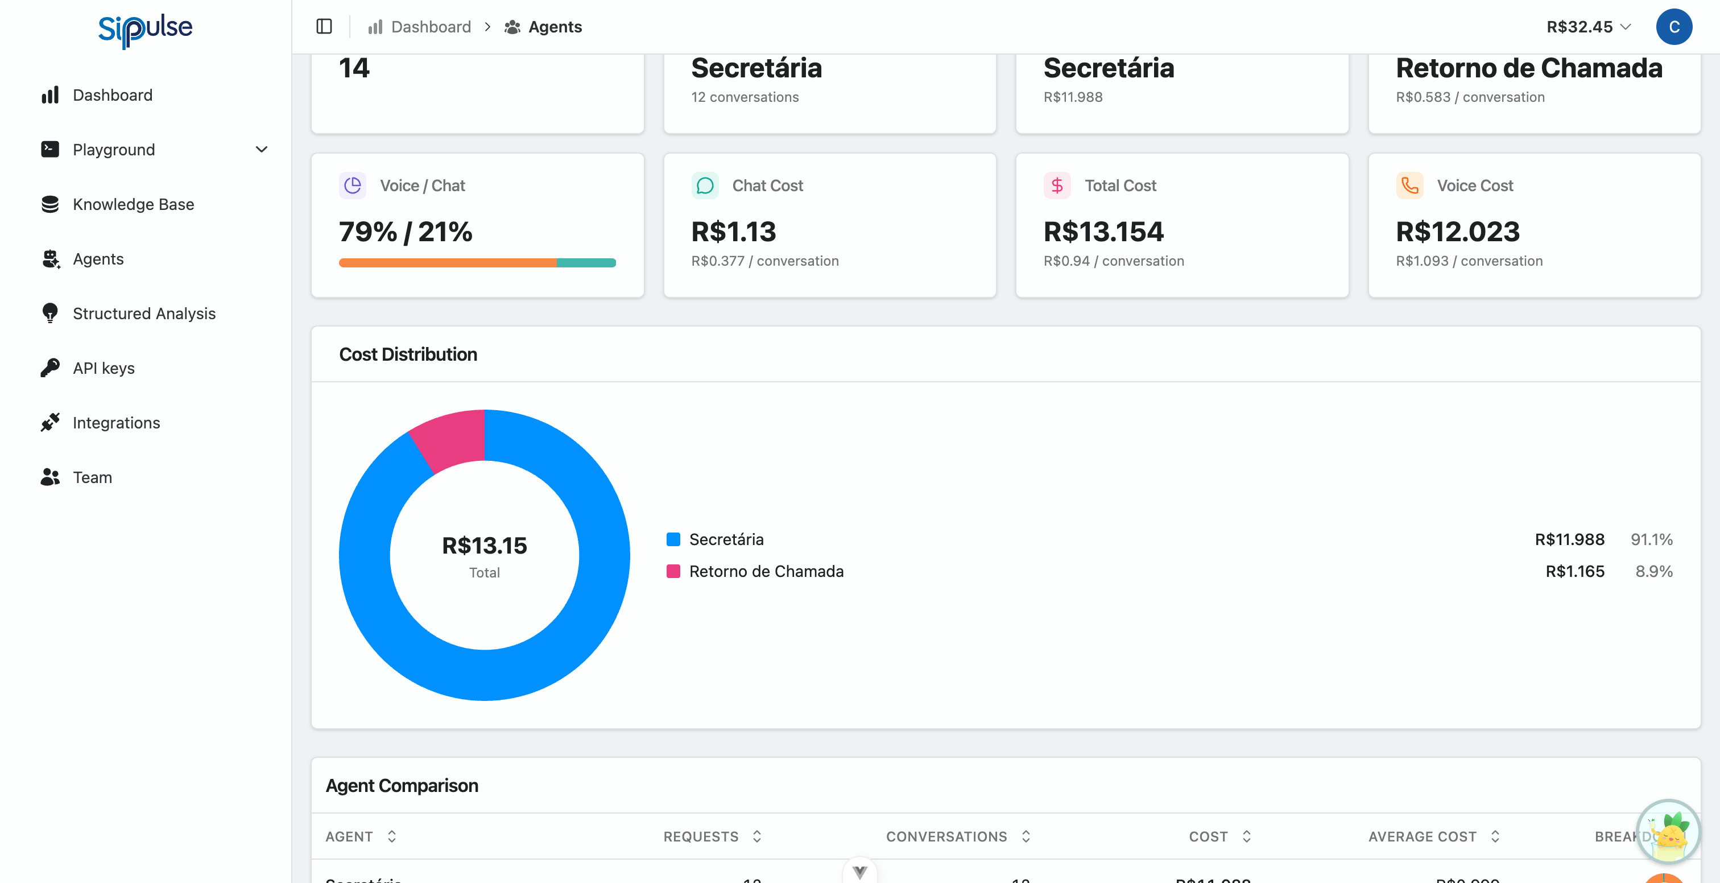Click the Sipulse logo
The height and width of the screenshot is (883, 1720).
click(x=145, y=28)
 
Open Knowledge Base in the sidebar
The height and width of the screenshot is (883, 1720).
click(x=133, y=204)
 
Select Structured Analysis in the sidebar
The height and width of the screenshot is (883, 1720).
click(x=143, y=313)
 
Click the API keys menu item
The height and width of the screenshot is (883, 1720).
click(x=104, y=368)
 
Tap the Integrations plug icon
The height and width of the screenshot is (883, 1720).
click(x=50, y=422)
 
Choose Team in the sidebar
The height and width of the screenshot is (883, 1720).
click(x=92, y=477)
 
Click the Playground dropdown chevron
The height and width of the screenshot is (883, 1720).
click(x=262, y=150)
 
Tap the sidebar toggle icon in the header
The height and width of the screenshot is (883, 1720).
click(x=324, y=27)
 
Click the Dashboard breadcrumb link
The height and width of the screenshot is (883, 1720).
click(x=431, y=27)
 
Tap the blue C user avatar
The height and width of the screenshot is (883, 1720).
click(x=1673, y=27)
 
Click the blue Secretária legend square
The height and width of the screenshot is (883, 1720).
click(x=673, y=539)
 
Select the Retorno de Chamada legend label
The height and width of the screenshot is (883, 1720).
click(x=766, y=571)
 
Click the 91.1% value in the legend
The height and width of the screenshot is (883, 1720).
click(x=1651, y=539)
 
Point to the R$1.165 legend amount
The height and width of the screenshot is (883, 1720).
click(x=1574, y=571)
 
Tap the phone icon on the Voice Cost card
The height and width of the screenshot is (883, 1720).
click(x=1409, y=185)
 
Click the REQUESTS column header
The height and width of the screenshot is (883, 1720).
click(x=700, y=836)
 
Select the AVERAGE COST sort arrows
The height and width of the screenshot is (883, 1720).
click(x=1495, y=836)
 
